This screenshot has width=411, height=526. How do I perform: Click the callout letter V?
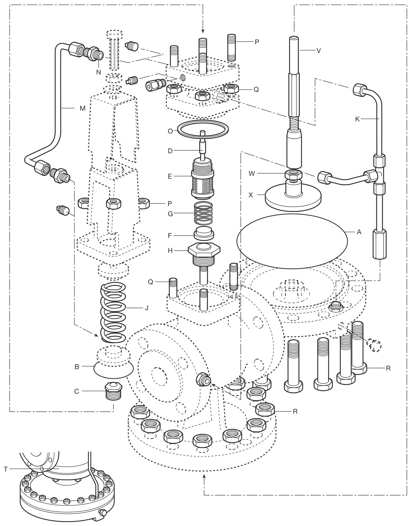pos(319,51)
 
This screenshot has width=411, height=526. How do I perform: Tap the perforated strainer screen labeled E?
pos(202,185)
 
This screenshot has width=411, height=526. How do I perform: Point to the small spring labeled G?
pos(203,213)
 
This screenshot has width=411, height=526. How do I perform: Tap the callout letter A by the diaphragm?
pos(359,232)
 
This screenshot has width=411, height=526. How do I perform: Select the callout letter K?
pos(357,119)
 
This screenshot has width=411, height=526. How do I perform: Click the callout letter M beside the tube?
pos(82,108)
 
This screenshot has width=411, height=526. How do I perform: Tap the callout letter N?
pos(98,72)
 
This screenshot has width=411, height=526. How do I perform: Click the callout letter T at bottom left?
pos(5,469)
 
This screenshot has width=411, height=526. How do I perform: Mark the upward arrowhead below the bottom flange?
pos(204,477)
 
